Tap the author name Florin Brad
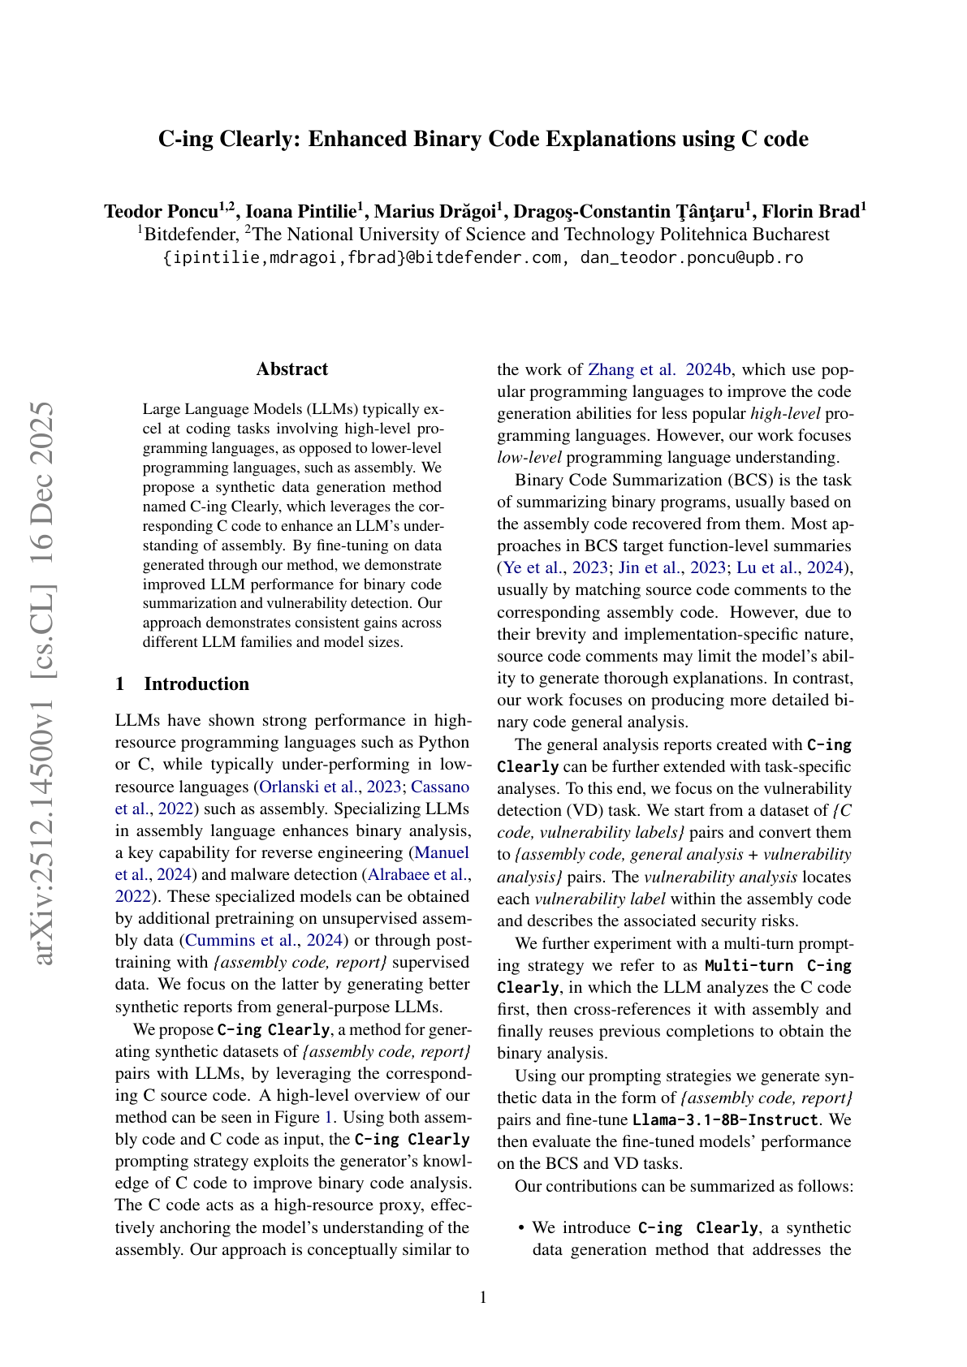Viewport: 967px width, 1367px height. click(x=813, y=212)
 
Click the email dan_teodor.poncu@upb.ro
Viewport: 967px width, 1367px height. click(x=691, y=258)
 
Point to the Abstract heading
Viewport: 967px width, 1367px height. click(x=292, y=369)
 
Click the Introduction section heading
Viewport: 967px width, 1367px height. click(x=196, y=684)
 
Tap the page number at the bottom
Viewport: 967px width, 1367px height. click(x=484, y=1297)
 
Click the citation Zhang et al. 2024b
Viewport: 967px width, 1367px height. click(x=659, y=370)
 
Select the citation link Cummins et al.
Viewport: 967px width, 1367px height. click(x=235, y=940)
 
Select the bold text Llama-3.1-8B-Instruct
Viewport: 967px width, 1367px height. click(x=725, y=1120)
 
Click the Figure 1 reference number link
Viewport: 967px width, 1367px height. click(x=329, y=1117)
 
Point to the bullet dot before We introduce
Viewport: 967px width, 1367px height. click(x=520, y=1228)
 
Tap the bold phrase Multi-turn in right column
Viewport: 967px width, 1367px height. click(x=749, y=966)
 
